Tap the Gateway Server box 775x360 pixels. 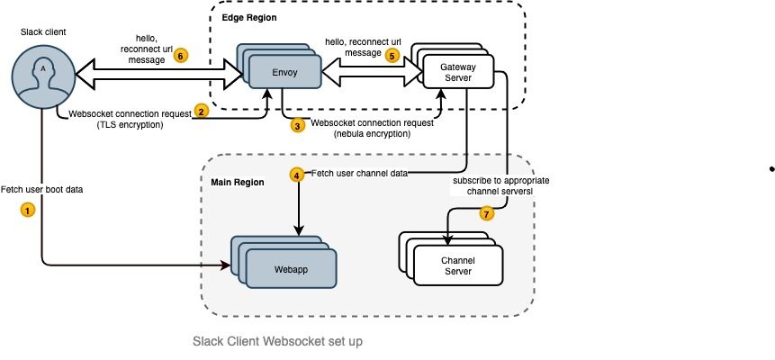pyautogui.click(x=459, y=70)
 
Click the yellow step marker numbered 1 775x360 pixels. pyautogui.click(x=27, y=209)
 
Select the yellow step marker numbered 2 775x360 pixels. pyautogui.click(x=203, y=111)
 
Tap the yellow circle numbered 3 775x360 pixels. pyautogui.click(x=298, y=126)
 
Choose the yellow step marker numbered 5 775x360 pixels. pyautogui.click(x=391, y=55)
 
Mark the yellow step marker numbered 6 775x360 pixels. pyautogui.click(x=181, y=55)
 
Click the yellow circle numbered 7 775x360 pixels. pyautogui.click(x=487, y=214)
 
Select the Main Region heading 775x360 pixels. pyautogui.click(x=237, y=182)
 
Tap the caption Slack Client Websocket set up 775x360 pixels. pyautogui.click(x=277, y=342)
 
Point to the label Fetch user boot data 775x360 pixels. pyautogui.click(x=44, y=191)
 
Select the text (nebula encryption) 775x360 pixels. pyautogui.click(x=374, y=134)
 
